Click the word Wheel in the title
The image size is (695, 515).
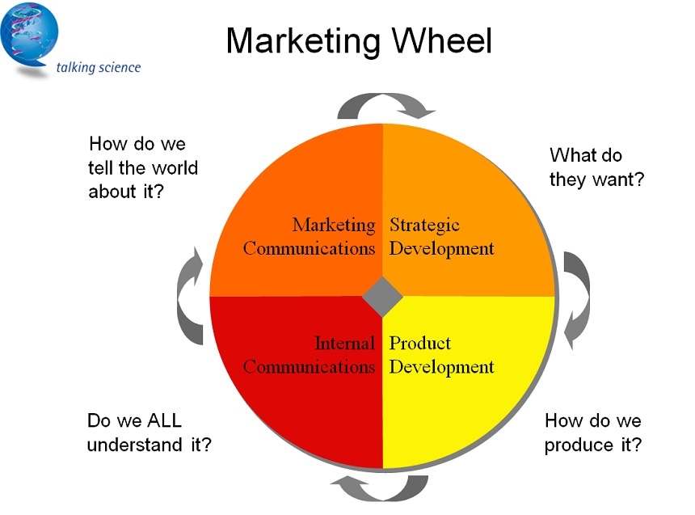coord(442,40)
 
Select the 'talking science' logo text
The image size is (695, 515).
coord(99,67)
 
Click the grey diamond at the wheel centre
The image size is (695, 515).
coord(382,297)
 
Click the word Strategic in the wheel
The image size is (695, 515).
coord(424,225)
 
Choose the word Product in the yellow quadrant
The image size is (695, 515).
coord(419,343)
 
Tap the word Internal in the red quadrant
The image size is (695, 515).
coord(345,343)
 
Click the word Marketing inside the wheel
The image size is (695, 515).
coord(334,225)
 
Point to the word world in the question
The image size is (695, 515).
coord(173,168)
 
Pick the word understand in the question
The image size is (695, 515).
coord(134,445)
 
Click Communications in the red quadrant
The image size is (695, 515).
coord(309,367)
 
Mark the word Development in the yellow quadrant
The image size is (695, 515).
coord(441,367)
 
